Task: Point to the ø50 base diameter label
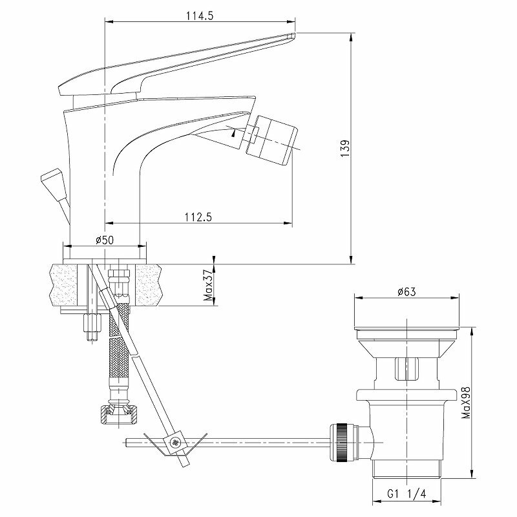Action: [105, 240]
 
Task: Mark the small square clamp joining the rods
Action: [174, 443]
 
